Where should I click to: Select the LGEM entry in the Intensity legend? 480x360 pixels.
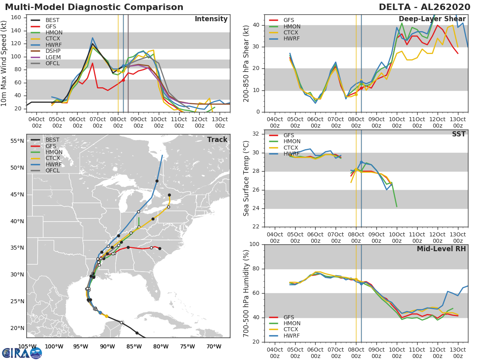[46, 57]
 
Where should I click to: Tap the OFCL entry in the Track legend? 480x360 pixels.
[45, 170]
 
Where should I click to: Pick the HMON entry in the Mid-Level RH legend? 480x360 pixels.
[285, 323]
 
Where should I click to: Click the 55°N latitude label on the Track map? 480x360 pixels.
[17, 141]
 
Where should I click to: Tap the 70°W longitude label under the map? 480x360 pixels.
[214, 347]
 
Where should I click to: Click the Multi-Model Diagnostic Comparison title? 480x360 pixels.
[94, 7]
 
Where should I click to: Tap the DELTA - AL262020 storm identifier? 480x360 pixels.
[424, 7]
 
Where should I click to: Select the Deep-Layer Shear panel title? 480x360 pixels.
[432, 19]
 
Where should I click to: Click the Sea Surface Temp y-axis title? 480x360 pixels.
[246, 178]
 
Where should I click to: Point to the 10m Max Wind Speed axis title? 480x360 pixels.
[3, 63]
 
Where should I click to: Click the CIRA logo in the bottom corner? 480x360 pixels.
[22, 353]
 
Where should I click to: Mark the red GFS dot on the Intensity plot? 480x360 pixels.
[123, 80]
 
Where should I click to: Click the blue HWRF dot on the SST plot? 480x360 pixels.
[361, 162]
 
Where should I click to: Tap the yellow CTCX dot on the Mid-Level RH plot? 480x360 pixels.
[356, 280]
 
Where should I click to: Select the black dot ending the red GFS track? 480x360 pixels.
[160, 248]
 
